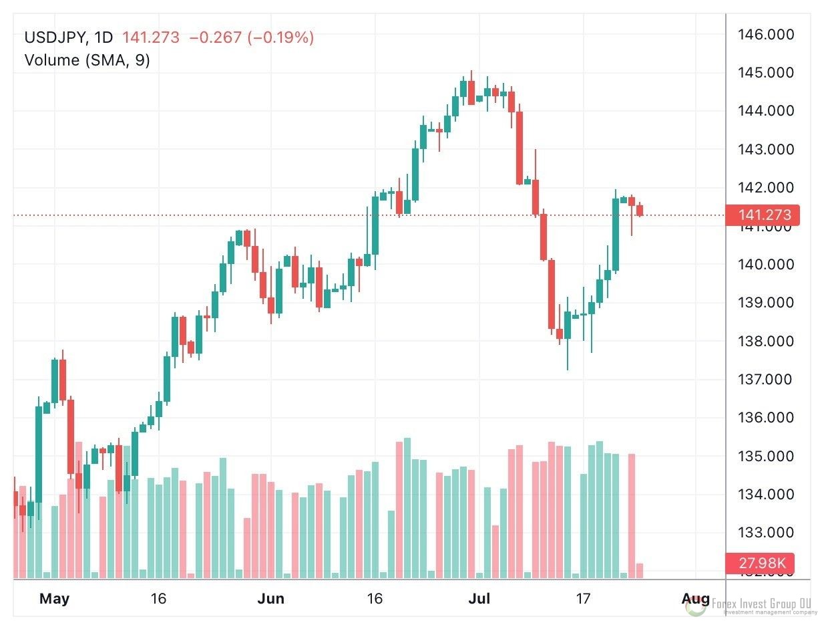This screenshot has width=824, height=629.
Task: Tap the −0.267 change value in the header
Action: pyautogui.click(x=216, y=37)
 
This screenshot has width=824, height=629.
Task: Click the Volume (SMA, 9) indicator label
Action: pyautogui.click(x=87, y=60)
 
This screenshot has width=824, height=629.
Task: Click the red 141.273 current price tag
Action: pyautogui.click(x=762, y=215)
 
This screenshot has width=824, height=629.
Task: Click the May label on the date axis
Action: pyautogui.click(x=54, y=598)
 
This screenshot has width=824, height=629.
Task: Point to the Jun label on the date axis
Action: pyautogui.click(x=270, y=598)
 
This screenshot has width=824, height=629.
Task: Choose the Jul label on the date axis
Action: pyautogui.click(x=479, y=598)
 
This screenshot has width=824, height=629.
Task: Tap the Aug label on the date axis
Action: pyautogui.click(x=694, y=598)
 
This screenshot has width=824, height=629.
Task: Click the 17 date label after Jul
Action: pyautogui.click(x=583, y=598)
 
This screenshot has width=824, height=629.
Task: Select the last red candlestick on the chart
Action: pyautogui.click(x=640, y=211)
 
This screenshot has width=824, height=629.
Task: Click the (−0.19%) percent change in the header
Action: pyautogui.click(x=280, y=37)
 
